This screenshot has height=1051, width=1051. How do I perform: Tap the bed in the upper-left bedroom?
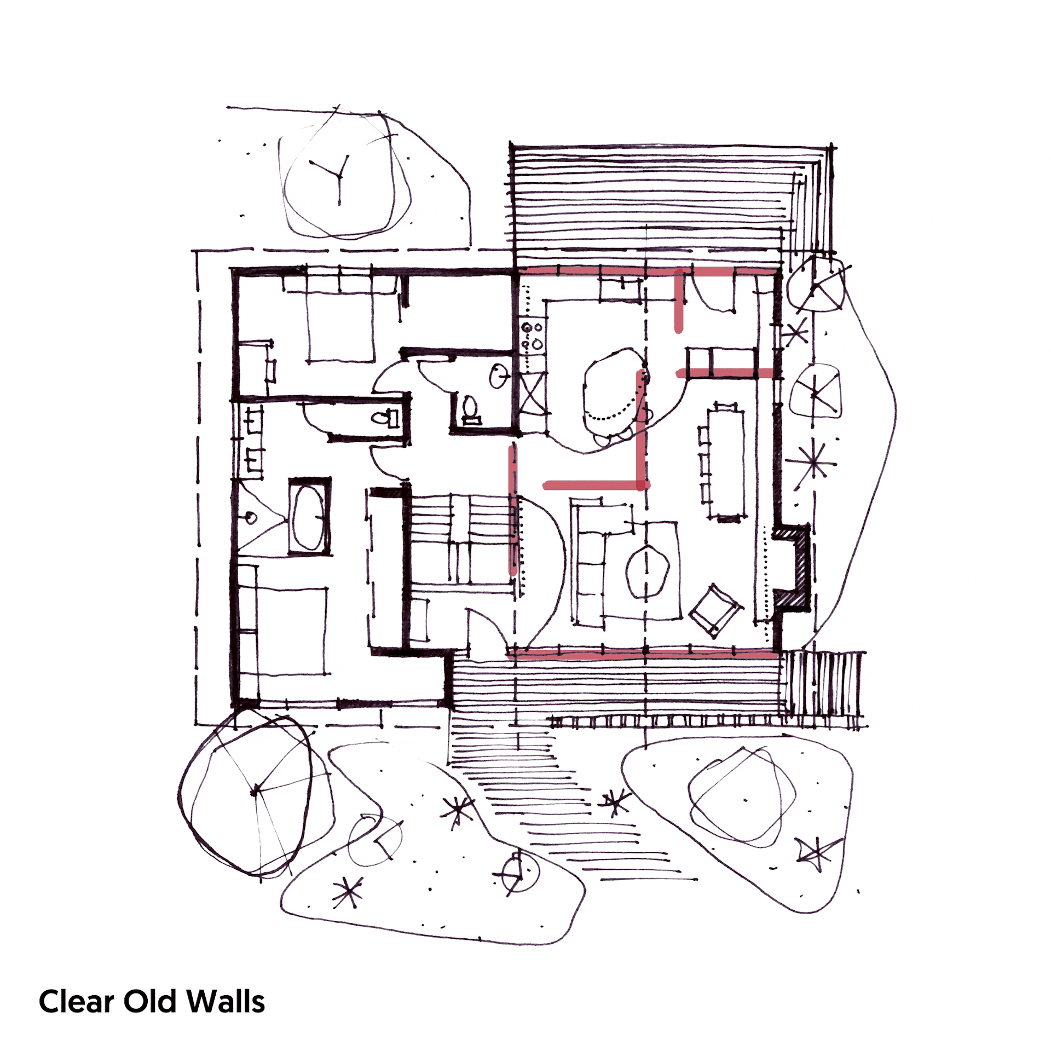pyautogui.click(x=340, y=326)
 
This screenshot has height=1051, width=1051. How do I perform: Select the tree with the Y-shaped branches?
pyautogui.click(x=339, y=175)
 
